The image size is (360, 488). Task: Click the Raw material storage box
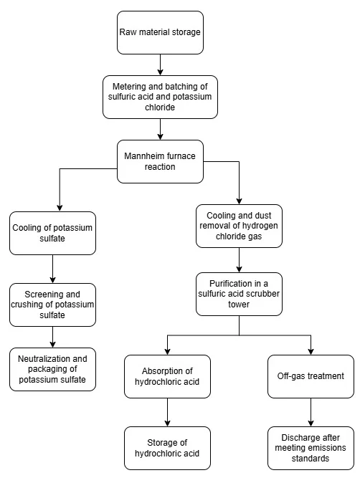pos(160,32)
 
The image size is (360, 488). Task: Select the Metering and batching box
pos(160,97)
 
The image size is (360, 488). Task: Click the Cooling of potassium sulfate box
pos(52,233)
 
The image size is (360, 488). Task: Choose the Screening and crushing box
pos(52,305)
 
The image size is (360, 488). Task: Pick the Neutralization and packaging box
pos(52,369)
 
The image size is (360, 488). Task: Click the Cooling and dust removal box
pos(239,226)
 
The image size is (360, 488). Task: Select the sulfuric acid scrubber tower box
pos(239,294)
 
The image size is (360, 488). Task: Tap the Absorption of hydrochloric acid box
pos(167,376)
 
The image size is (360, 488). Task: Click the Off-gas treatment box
pos(311,376)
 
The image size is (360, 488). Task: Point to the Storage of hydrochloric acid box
pos(167,448)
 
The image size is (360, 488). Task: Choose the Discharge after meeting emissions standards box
pos(311,448)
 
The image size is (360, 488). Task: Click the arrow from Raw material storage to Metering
pos(160,64)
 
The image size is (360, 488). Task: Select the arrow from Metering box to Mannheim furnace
pos(160,129)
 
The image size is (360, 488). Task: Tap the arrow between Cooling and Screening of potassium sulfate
pos(52,269)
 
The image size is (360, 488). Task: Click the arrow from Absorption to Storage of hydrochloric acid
pos(167,412)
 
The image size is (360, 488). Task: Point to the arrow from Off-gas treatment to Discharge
pos(311,412)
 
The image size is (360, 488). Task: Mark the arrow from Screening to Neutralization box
pos(52,337)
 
